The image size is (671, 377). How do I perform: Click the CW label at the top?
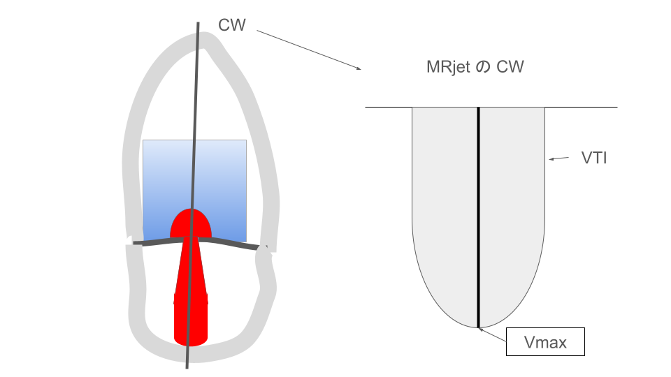pyautogui.click(x=232, y=26)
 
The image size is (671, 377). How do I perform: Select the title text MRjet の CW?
pyautogui.click(x=475, y=68)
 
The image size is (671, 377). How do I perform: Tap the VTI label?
pyautogui.click(x=593, y=158)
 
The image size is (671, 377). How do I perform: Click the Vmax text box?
pyautogui.click(x=544, y=342)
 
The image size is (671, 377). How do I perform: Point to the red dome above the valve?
pyautogui.click(x=190, y=223)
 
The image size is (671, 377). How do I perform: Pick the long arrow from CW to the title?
pyautogui.click(x=308, y=49)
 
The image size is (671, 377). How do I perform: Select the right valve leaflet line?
pyautogui.click(x=231, y=242)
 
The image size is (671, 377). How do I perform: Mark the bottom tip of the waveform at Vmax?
pyautogui.click(x=479, y=327)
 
